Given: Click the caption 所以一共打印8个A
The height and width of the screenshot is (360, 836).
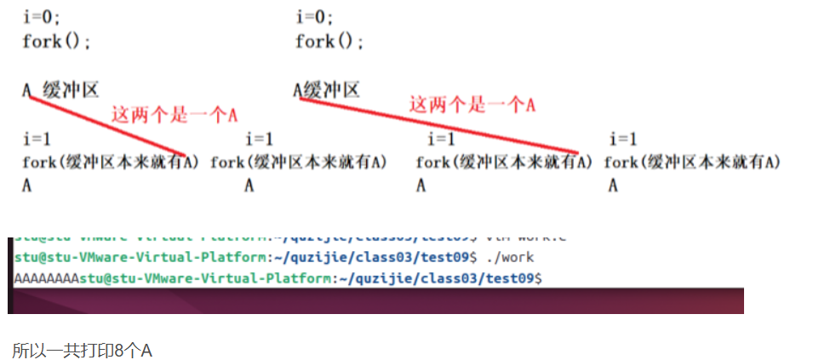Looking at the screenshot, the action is [x=82, y=350].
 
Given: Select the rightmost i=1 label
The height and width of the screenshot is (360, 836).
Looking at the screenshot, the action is [x=623, y=139].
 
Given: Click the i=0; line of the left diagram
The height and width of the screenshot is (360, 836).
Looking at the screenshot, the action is [x=41, y=17].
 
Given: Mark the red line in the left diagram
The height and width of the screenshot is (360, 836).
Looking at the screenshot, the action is [x=106, y=125].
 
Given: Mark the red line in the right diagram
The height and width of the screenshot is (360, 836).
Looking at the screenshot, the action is [x=438, y=126].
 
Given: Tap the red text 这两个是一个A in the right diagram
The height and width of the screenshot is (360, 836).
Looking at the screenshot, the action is [x=472, y=105].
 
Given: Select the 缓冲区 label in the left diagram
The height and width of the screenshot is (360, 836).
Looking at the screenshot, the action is [x=71, y=90].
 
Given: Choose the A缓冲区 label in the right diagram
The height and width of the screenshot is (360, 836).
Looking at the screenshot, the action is [x=327, y=90].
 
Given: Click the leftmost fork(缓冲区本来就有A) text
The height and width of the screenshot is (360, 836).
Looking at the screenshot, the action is [x=111, y=163].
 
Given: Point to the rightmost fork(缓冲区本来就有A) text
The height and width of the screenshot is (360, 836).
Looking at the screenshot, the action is [x=692, y=162].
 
